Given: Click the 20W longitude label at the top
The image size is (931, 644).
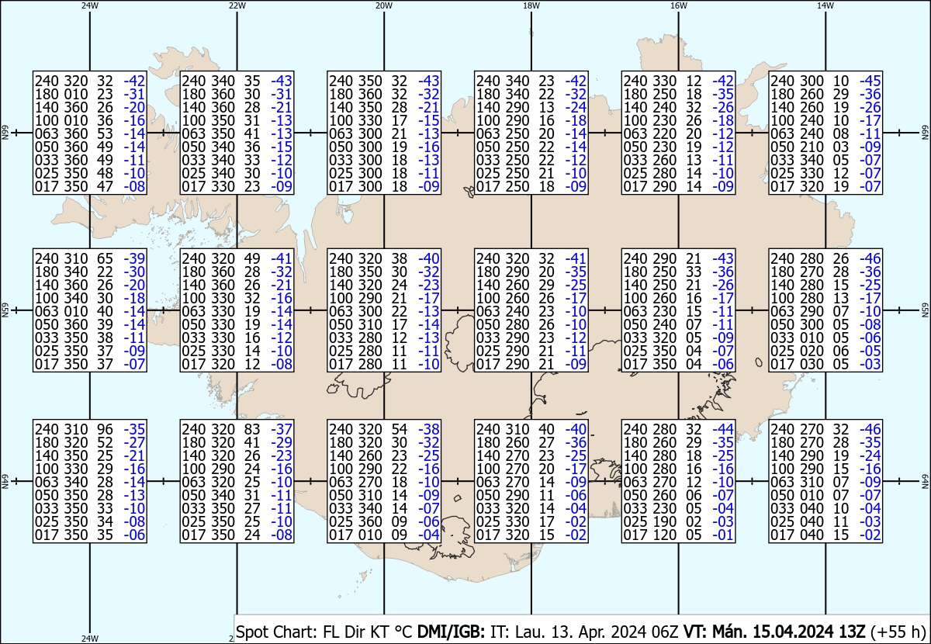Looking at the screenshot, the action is click(x=383, y=6).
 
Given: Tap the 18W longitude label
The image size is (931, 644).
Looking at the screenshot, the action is click(x=531, y=6).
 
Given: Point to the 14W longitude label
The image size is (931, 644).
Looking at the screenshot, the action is click(x=825, y=6).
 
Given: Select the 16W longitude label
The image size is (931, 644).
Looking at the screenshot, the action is click(x=678, y=6).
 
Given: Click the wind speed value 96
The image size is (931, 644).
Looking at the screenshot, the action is click(x=106, y=429).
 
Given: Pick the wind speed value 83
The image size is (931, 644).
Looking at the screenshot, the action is click(x=252, y=429).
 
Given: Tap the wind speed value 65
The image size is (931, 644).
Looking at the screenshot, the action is click(x=106, y=258).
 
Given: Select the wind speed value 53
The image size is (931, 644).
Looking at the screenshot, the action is click(x=106, y=134).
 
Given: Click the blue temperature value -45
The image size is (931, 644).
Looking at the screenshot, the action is click(x=870, y=81).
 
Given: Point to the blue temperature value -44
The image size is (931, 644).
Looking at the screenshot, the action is click(x=723, y=429).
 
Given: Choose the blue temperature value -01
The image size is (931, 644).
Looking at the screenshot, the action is click(x=723, y=535).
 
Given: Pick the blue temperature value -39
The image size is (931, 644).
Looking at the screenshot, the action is click(x=134, y=258).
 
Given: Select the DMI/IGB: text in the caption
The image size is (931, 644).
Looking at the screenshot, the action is click(x=451, y=632).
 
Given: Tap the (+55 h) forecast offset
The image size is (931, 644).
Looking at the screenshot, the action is click(x=898, y=632).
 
